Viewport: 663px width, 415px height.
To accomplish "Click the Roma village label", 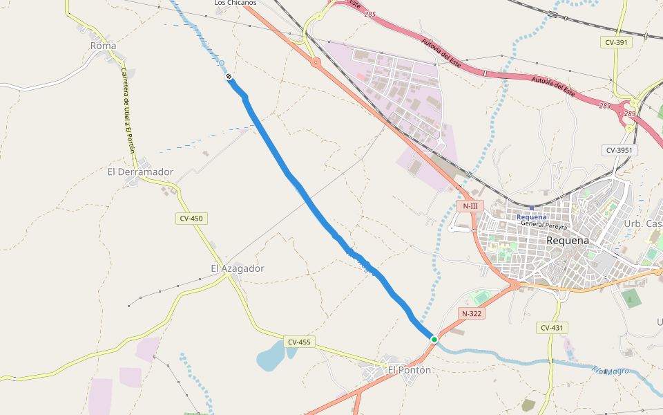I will [x=104, y=46].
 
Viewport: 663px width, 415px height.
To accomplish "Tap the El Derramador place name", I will [x=140, y=172].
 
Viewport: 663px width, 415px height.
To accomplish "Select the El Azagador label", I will [x=238, y=268].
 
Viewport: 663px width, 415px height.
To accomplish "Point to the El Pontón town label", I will [x=409, y=370].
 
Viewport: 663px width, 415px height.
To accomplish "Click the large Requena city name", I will [x=568, y=240].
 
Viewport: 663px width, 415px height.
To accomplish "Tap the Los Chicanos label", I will [x=235, y=3].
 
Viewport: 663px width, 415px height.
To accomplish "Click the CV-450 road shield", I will [x=191, y=219].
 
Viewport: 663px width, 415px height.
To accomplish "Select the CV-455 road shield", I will [x=300, y=342].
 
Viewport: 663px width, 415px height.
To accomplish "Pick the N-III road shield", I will [x=470, y=206].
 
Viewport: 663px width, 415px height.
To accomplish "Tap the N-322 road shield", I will [x=472, y=313].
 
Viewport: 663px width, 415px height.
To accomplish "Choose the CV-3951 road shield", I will [x=619, y=150].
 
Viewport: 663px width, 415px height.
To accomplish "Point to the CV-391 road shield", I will [x=617, y=42].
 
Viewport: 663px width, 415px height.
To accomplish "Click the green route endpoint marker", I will [x=434, y=339].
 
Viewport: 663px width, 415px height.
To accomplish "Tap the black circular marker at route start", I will [x=229, y=77].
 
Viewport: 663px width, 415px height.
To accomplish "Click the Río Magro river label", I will [x=611, y=371].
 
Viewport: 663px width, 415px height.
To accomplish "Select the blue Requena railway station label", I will [x=532, y=217].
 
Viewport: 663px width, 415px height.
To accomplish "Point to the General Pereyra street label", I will [x=544, y=225].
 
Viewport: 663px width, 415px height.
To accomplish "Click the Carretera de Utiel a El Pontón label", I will [x=128, y=111].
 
